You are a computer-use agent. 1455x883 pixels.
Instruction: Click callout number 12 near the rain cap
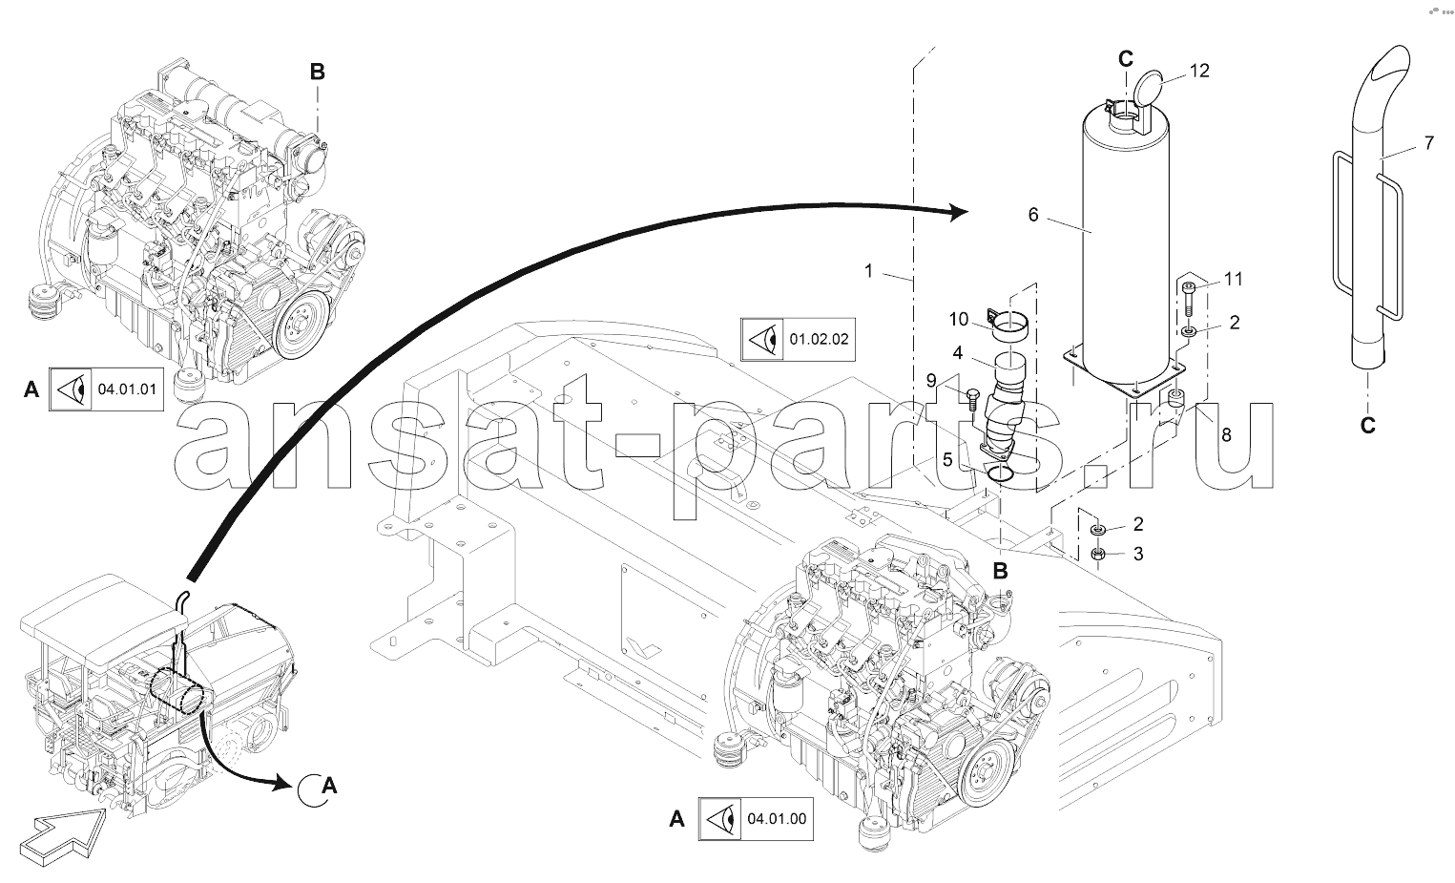[1199, 71]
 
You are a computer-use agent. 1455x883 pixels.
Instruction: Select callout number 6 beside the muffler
[1033, 215]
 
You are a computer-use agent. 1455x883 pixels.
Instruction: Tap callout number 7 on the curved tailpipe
[1428, 143]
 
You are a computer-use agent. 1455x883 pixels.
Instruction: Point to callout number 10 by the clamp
[959, 319]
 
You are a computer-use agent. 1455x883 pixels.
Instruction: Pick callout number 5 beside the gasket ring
[946, 459]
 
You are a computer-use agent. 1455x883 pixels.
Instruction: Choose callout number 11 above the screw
[1234, 279]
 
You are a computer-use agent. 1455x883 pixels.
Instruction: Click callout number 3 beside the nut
[1137, 554]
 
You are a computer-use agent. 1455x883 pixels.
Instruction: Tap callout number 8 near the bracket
[1226, 434]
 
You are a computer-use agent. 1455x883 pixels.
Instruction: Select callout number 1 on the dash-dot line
[869, 271]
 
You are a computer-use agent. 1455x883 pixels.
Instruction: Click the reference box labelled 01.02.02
[798, 339]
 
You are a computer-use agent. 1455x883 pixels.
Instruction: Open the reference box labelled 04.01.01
[105, 389]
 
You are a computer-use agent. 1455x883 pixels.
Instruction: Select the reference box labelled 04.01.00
[756, 819]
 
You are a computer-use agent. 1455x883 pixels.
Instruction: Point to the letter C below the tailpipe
[1367, 426]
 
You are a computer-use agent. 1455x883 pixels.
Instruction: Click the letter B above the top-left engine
[317, 72]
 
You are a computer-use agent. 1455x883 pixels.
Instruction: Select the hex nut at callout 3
[1097, 554]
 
